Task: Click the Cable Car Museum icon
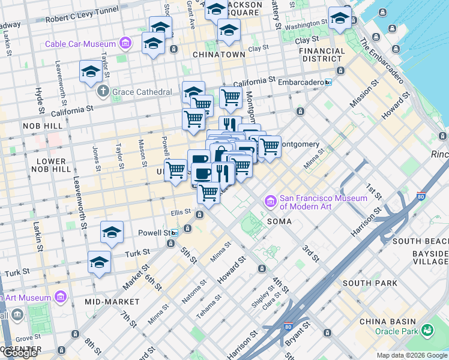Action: (125, 44)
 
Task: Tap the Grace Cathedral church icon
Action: (103, 92)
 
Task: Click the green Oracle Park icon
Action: (427, 330)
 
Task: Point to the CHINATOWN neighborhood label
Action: (218, 54)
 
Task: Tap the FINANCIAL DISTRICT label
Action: (322, 55)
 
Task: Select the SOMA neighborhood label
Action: (279, 221)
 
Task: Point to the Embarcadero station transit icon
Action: (328, 82)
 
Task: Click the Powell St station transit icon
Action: (174, 233)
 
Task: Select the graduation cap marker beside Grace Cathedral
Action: (91, 72)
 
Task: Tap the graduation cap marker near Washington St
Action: (339, 19)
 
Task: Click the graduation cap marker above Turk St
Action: (112, 233)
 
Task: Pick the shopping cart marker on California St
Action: (231, 97)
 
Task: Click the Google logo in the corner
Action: (20, 353)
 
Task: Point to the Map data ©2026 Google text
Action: (412, 355)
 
